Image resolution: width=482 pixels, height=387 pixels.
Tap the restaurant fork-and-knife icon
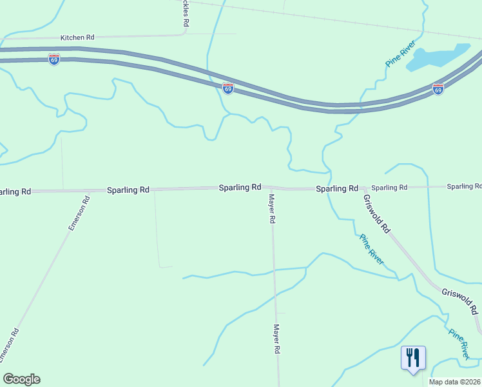pyautogui.click(x=413, y=356)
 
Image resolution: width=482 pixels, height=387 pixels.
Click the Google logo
pyautogui.click(x=21, y=379)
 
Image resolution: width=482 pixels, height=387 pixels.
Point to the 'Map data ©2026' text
pyautogui.click(x=455, y=382)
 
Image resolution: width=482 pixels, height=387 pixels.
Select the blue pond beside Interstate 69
pyautogui.click(x=439, y=57)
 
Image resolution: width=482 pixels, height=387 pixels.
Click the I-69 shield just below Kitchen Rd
pyautogui.click(x=53, y=59)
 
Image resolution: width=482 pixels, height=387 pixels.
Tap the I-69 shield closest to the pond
pyautogui.click(x=438, y=90)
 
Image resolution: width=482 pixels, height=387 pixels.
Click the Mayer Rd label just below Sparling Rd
pyautogui.click(x=272, y=208)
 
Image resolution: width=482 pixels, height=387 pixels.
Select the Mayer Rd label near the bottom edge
pyautogui.click(x=278, y=339)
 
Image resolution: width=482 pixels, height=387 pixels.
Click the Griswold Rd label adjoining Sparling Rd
pyautogui.click(x=377, y=213)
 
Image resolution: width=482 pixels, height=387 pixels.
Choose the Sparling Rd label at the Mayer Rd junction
pyautogui.click(x=240, y=187)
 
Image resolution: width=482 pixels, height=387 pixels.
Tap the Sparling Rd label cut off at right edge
pyautogui.click(x=464, y=186)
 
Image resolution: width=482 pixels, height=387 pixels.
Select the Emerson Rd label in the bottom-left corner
pyautogui.click(x=10, y=345)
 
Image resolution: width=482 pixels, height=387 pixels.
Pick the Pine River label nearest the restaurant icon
pyautogui.click(x=459, y=344)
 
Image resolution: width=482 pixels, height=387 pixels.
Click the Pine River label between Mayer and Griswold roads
pyautogui.click(x=372, y=250)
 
